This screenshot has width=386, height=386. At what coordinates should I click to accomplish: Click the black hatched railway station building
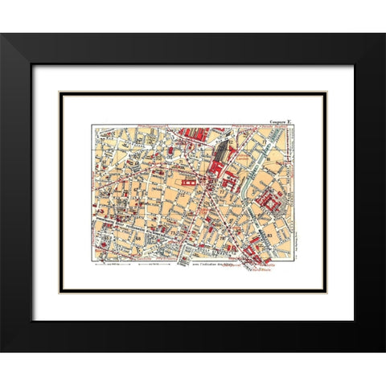220,153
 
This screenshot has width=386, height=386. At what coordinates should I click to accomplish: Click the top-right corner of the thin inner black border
326,92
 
